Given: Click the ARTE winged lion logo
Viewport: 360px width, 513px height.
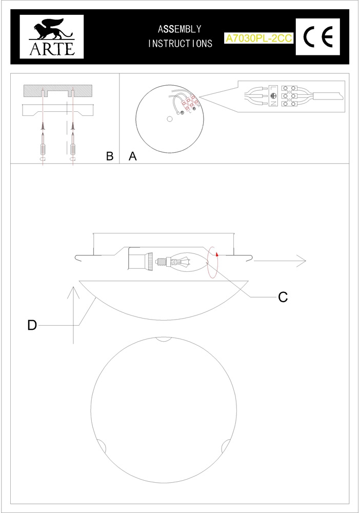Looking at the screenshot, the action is click(x=52, y=36).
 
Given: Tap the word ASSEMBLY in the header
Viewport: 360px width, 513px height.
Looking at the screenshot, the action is click(x=179, y=29).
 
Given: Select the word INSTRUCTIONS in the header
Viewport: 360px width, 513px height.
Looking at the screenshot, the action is click(x=180, y=43).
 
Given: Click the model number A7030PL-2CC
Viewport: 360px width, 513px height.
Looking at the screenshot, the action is click(x=258, y=38).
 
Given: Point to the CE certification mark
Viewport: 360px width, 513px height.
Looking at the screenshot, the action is click(x=318, y=36).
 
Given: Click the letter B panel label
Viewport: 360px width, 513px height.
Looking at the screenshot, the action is click(x=110, y=156).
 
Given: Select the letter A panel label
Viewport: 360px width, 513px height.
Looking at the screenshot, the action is click(x=132, y=156).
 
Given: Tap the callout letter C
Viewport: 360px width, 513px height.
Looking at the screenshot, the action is click(x=283, y=297).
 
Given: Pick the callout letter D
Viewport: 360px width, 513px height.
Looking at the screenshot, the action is click(x=32, y=325).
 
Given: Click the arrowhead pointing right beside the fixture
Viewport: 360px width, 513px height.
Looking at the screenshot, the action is click(x=301, y=261).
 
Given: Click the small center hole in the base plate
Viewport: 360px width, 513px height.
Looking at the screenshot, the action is click(x=169, y=119).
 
